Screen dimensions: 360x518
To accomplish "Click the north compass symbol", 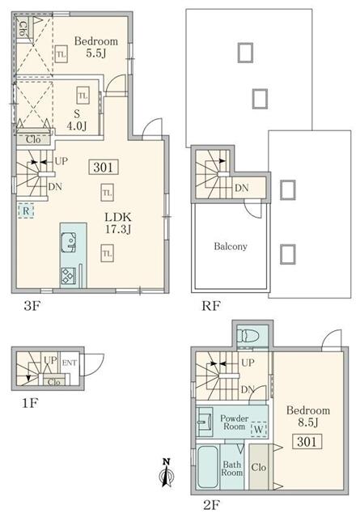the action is pos(167,473).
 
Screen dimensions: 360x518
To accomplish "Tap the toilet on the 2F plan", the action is pos(248,337).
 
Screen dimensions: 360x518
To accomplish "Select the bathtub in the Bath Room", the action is pos(208,467).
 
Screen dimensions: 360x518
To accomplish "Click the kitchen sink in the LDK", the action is pos(69,242).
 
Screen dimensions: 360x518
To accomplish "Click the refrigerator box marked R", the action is pos(26,210).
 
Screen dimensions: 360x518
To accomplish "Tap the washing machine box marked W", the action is pos(259,429).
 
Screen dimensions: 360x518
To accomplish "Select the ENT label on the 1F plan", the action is pos(70,363).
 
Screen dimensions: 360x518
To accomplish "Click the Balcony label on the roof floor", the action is pos(231,246).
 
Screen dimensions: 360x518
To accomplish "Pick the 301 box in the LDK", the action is pos(104,168).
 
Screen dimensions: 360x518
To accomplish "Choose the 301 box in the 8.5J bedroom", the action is pos(307,441).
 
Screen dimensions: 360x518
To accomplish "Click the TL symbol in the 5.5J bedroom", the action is pos(61,54).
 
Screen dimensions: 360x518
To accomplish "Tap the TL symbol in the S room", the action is pos(83,96).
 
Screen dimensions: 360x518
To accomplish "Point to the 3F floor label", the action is pos(32,306).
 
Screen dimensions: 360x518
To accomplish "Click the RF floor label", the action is pos(210,306).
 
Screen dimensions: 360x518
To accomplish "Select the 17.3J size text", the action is pos(118,228).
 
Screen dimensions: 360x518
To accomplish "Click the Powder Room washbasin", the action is pos(205,421).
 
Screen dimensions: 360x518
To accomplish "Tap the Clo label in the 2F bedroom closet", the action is pos(259,467).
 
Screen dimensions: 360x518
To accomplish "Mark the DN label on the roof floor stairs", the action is pos(241,188).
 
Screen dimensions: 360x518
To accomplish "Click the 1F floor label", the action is pos(31,403).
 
